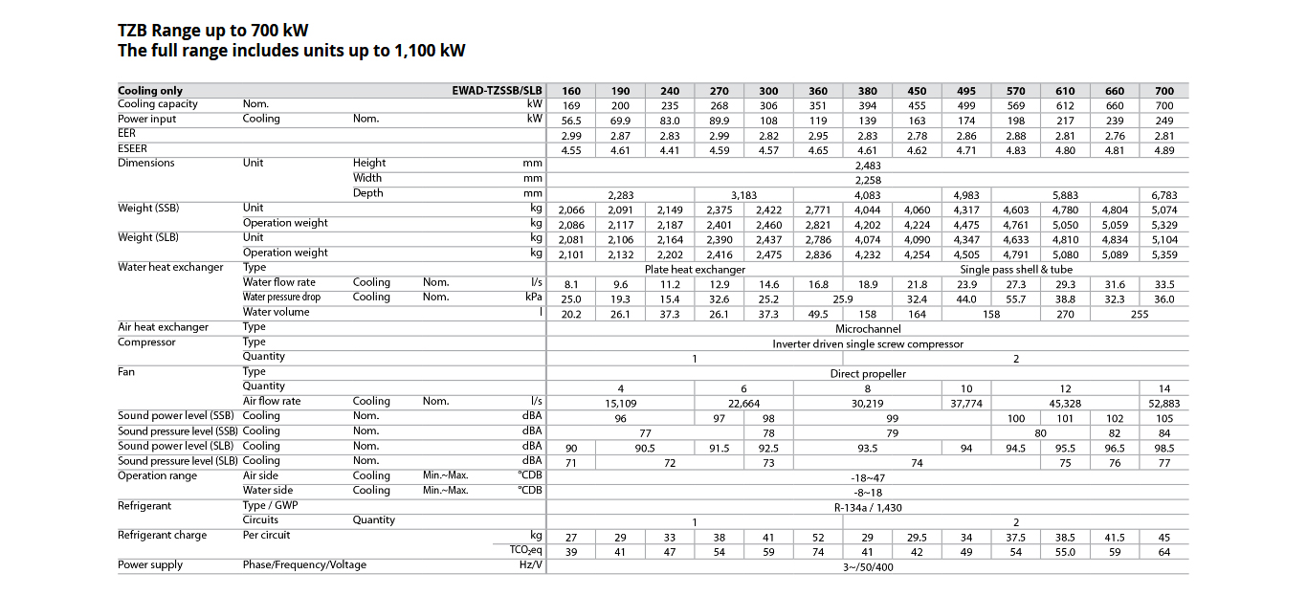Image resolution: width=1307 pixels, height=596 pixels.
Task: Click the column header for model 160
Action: [x=570, y=91]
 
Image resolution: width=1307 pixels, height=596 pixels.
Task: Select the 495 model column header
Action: [x=966, y=91]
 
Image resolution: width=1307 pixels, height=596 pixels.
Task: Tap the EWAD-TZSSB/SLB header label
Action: [x=497, y=91]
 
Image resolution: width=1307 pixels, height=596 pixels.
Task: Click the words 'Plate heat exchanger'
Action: [x=695, y=269]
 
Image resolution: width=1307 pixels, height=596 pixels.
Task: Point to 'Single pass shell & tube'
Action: [x=1016, y=269]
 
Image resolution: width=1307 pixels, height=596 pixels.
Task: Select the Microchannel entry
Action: [x=867, y=328]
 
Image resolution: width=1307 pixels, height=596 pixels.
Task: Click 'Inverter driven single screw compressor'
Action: [x=867, y=343]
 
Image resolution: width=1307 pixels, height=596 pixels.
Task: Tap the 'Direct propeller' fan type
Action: [x=867, y=373]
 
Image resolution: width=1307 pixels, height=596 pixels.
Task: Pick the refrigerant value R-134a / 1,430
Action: [x=867, y=506]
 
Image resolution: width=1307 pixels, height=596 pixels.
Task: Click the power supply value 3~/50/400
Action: [x=867, y=566]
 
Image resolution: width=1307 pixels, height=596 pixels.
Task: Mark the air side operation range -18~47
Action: [x=867, y=476]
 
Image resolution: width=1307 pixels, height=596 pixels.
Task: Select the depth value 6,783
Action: [x=1164, y=194]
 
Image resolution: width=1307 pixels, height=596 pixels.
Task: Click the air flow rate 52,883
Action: [x=1164, y=404]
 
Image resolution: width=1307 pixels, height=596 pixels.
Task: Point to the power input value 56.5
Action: [x=570, y=121]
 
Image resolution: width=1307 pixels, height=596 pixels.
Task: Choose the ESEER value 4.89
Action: [x=1164, y=150]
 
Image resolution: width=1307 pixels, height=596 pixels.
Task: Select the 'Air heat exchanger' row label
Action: [x=163, y=327]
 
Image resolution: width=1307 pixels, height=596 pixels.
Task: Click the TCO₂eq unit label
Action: [x=525, y=550]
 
